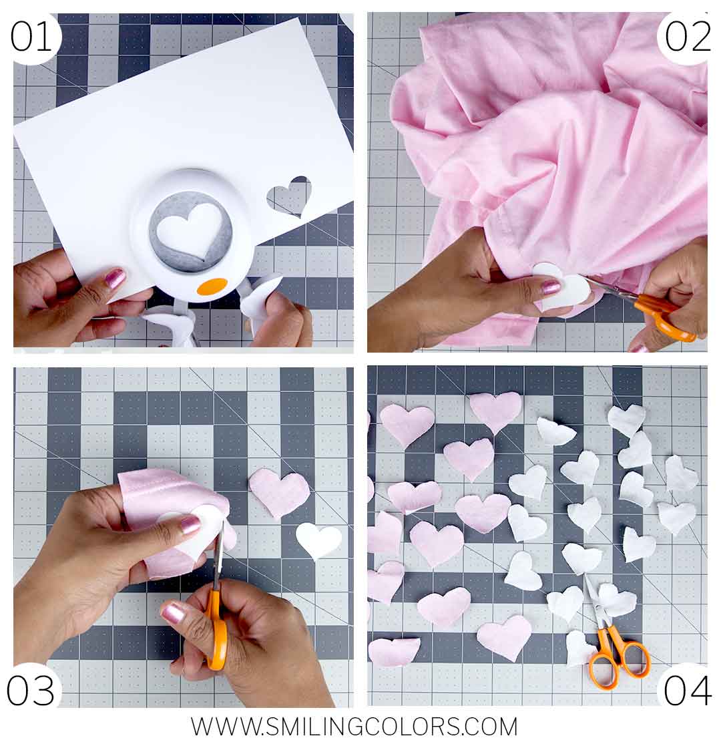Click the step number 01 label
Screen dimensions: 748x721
(31, 37)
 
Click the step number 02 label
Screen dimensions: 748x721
(687, 37)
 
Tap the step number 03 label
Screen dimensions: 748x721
(31, 691)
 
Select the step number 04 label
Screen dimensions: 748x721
(687, 691)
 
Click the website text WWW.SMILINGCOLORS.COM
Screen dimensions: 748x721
(354, 727)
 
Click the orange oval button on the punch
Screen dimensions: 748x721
(212, 287)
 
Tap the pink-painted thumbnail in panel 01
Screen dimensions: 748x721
(115, 278)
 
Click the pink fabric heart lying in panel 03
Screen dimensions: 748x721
(279, 493)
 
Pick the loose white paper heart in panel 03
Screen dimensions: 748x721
(319, 540)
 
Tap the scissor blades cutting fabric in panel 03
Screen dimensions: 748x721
(218, 558)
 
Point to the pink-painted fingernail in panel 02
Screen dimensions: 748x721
(551, 287)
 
